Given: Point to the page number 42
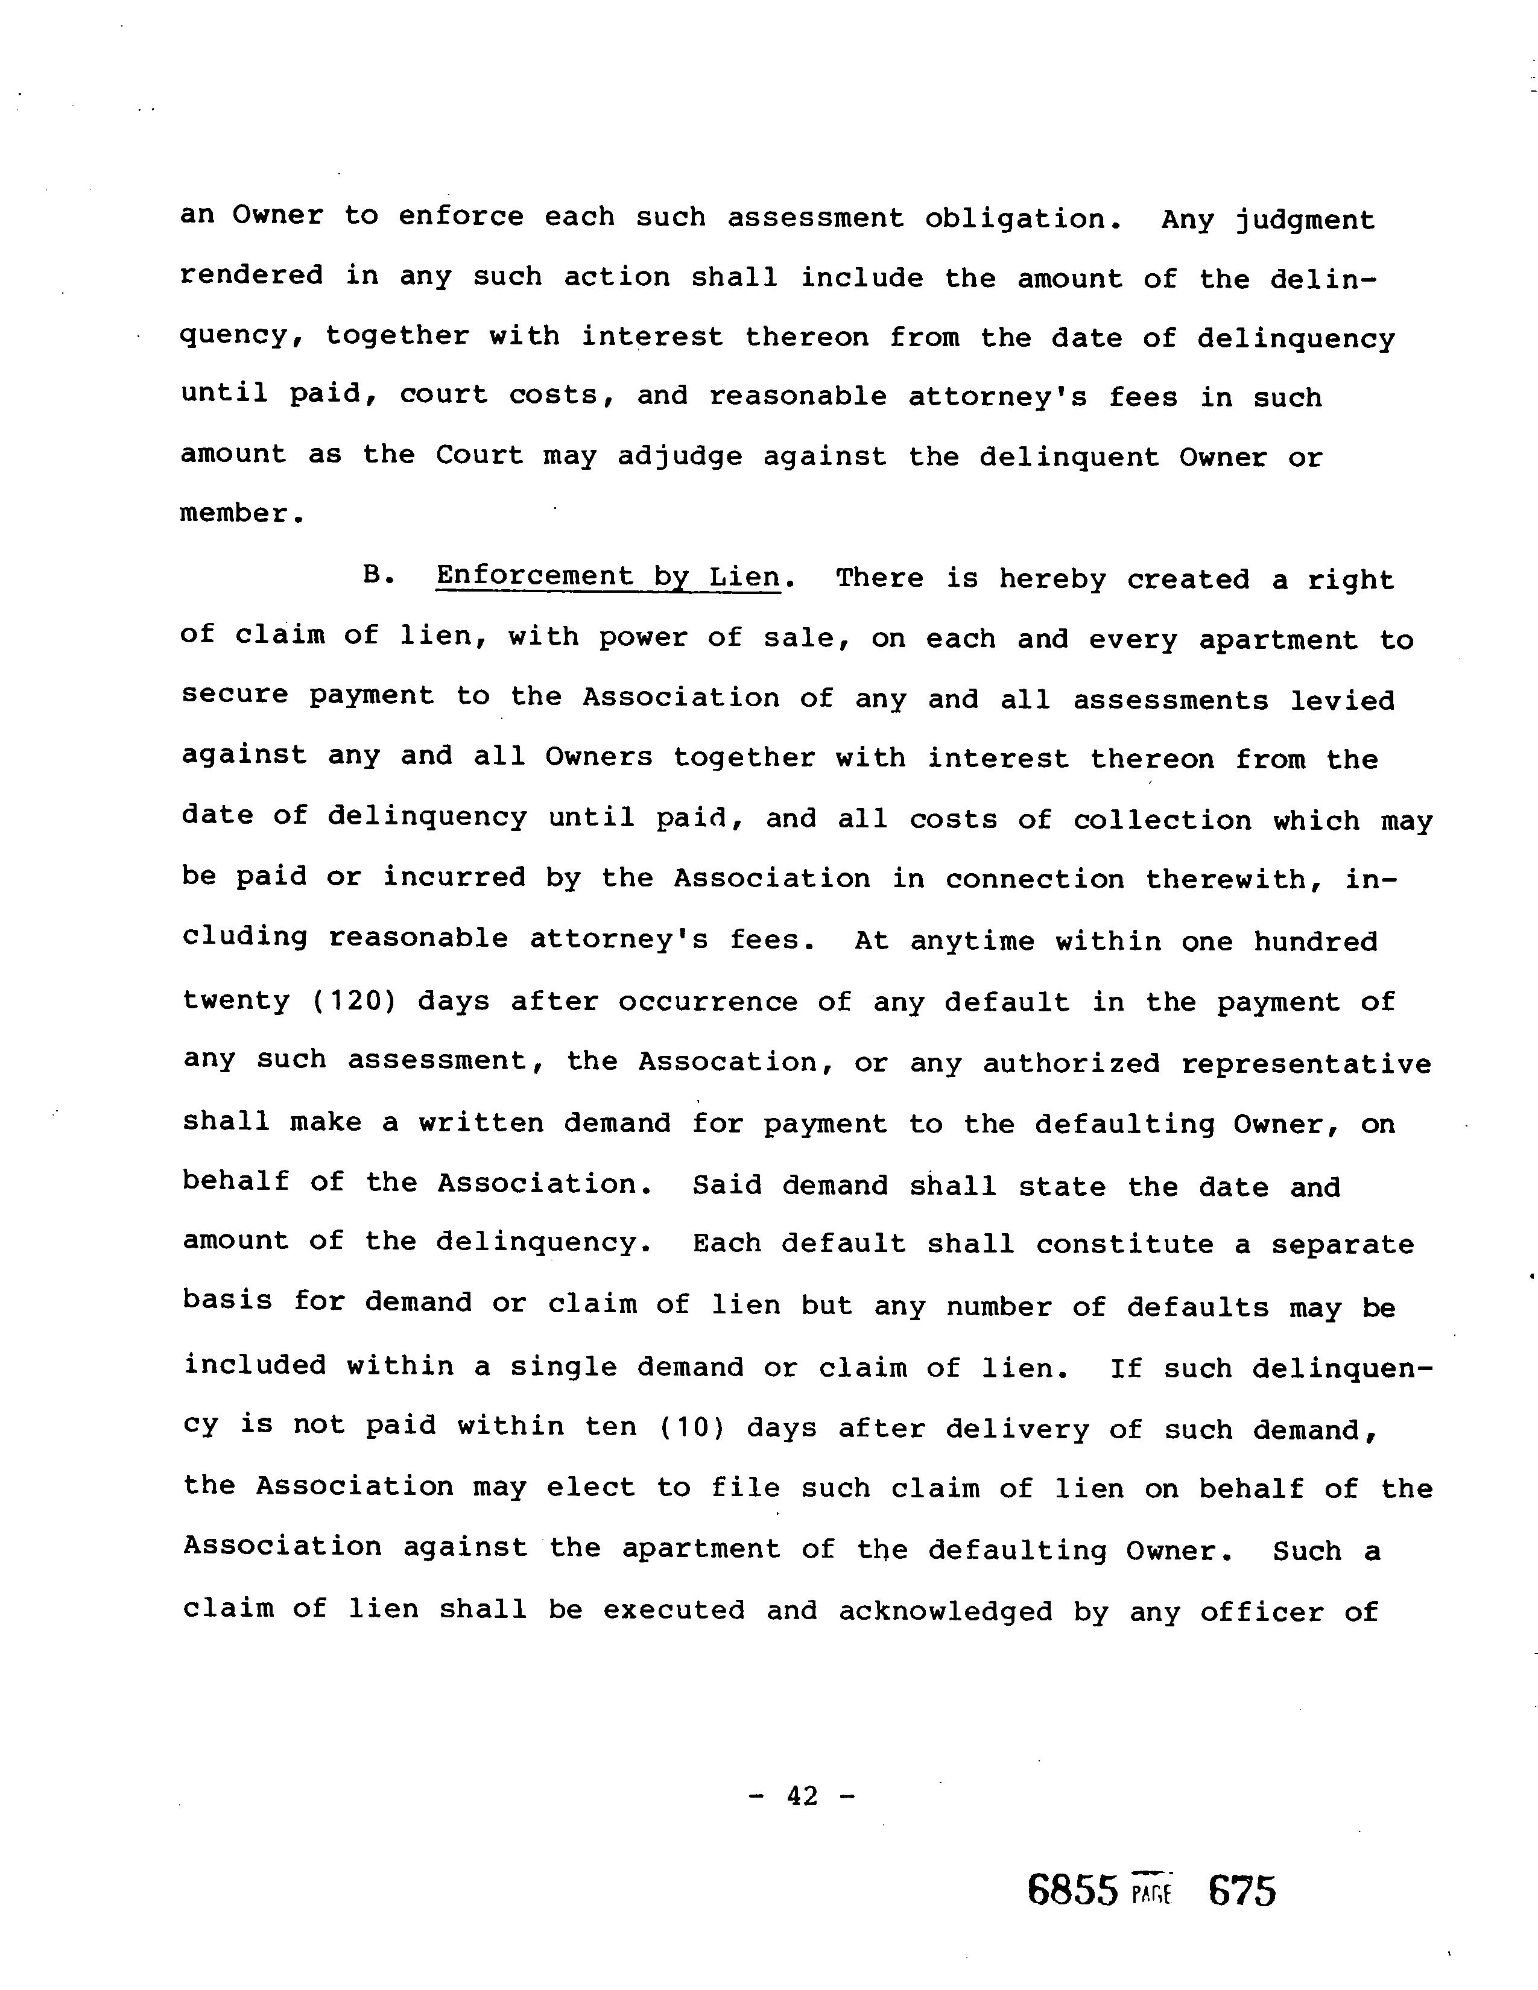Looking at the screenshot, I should tap(802, 1796).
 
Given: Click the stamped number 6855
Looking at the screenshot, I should tap(1072, 1890).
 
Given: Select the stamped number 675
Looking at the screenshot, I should tap(1242, 1890).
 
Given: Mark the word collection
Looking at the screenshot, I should tap(1162, 820).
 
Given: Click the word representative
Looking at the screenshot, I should tap(1306, 1064).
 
